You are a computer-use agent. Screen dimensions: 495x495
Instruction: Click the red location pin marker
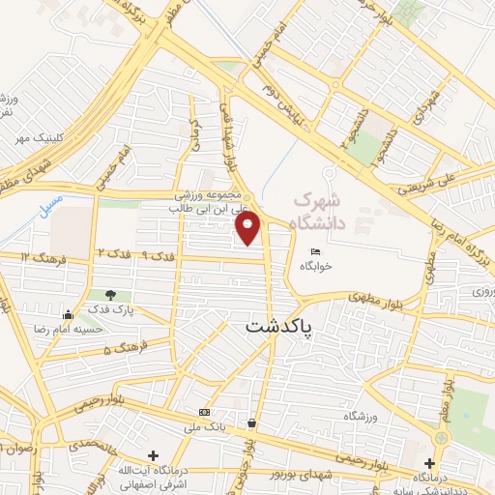(x=248, y=228)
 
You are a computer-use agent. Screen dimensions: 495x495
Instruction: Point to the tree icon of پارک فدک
(x=111, y=295)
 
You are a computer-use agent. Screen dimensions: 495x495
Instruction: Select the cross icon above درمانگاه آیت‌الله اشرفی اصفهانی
(x=153, y=454)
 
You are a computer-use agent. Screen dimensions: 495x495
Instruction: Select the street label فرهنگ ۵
(x=125, y=346)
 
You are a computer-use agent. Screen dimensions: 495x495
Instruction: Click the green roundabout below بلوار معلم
(x=442, y=438)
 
